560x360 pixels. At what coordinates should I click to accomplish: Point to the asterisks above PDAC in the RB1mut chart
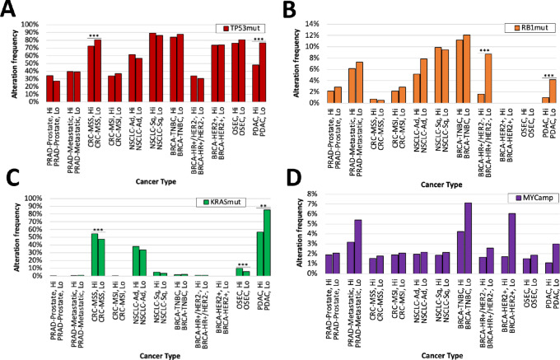coord(549,76)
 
